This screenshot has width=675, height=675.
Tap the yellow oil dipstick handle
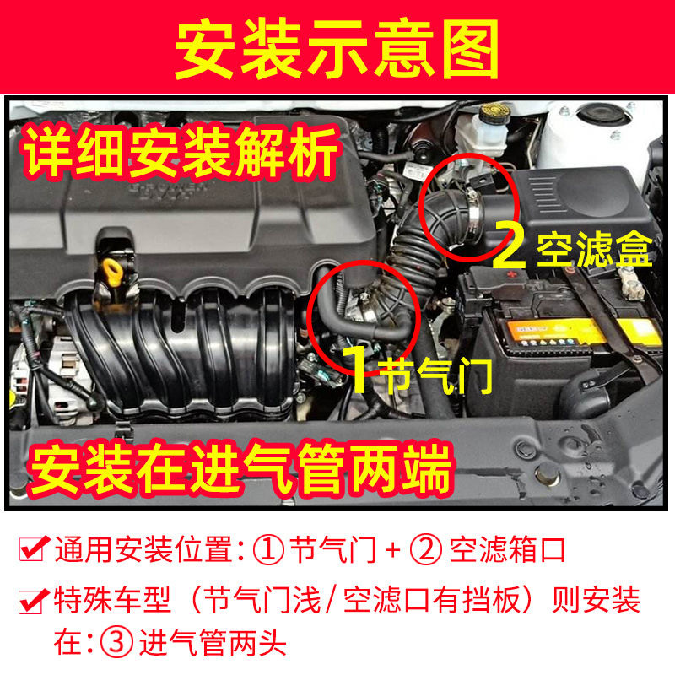(109, 273)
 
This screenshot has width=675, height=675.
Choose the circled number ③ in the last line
(113, 644)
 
